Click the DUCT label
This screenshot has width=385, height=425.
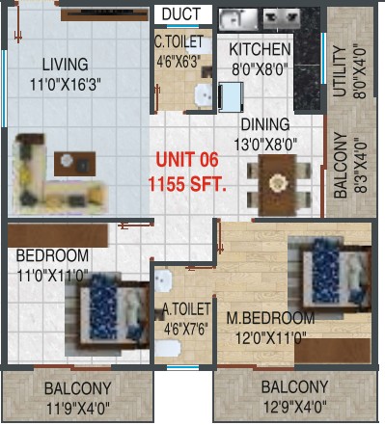point(181,14)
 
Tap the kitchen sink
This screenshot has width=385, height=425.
point(238,19)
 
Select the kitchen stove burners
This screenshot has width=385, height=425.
point(282,18)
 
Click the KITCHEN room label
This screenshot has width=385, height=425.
point(260,49)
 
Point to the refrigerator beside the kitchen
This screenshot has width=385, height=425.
point(231,97)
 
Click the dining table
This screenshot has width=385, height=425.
point(278,185)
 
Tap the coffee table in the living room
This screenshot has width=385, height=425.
point(74,164)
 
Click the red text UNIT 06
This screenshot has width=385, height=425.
point(187,160)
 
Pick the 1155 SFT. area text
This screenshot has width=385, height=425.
point(187,184)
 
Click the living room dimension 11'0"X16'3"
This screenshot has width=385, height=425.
point(66,85)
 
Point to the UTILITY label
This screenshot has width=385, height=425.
point(340,71)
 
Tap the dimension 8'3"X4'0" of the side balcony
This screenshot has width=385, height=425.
point(360,166)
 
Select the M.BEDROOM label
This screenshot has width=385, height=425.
point(270,318)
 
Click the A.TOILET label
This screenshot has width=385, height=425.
point(186,309)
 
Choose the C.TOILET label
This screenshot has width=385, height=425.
point(179,41)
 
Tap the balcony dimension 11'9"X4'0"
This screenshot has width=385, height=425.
point(78,409)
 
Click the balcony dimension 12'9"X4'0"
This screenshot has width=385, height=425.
point(295,408)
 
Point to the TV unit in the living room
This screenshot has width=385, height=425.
point(105,15)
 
